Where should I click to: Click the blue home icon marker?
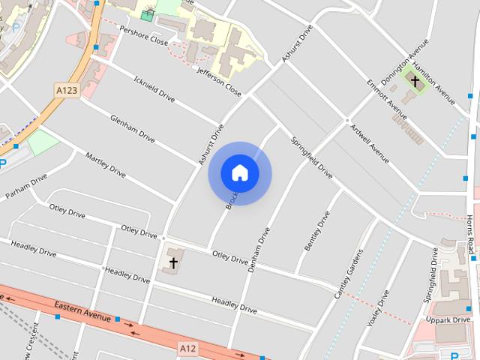(240, 173)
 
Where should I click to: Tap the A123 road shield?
(67, 90)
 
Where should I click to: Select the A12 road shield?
(188, 349)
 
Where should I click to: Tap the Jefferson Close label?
(219, 82)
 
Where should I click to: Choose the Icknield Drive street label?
(154, 88)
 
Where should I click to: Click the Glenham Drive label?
(132, 128)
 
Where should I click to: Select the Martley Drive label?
(106, 164)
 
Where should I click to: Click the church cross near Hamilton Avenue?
(415, 79)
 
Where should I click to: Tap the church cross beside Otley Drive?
(173, 262)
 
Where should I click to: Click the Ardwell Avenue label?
(370, 142)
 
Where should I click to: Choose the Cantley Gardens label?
(349, 273)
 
